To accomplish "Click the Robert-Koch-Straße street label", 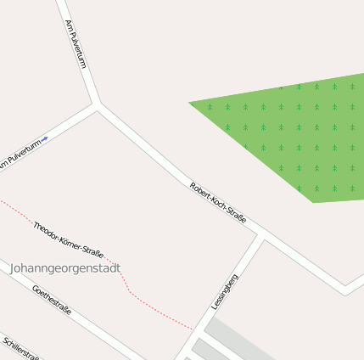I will pyautogui.click(x=217, y=204).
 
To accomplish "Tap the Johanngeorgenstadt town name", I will pyautogui.click(x=65, y=268).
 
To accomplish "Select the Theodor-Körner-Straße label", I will pyautogui.click(x=68, y=239).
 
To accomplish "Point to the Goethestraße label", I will pyautogui.click(x=52, y=301).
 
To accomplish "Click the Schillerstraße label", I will pyautogui.click(x=21, y=348).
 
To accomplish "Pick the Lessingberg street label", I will pyautogui.click(x=224, y=292).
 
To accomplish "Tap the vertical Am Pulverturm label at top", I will pyautogui.click(x=76, y=44).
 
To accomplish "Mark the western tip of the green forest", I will pyautogui.click(x=190, y=104).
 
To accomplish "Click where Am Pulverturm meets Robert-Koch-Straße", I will pyautogui.click(x=98, y=106).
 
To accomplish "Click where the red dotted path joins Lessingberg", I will pyautogui.click(x=192, y=329).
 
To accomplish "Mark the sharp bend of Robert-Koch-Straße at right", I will pyautogui.click(x=345, y=290).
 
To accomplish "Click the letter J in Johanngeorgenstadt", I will pyautogui.click(x=14, y=268).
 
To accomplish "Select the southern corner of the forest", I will pyautogui.click(x=313, y=202).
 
